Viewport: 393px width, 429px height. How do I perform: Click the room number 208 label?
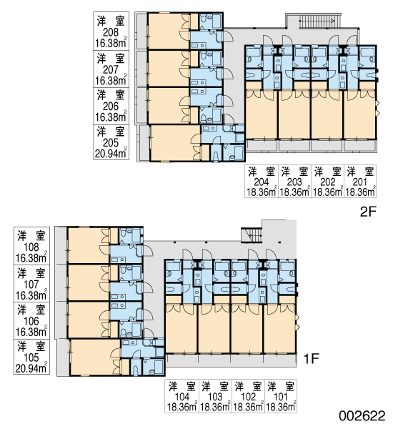tap(111, 33)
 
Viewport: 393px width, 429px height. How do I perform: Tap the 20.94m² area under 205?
tap(111, 153)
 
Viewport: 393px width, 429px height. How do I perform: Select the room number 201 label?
tap(360, 182)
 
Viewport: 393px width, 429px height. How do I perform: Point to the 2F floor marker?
tap(369, 212)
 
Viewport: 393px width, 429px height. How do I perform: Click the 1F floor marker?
tap(312, 358)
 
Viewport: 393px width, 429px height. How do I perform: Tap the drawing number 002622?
tap(362, 416)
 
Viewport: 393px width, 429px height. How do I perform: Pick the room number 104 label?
tap(182, 397)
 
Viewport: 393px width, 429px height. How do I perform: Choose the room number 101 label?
tap(281, 397)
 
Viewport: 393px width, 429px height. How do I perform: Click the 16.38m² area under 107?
tap(31, 295)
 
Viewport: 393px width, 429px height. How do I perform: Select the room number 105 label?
tap(31, 357)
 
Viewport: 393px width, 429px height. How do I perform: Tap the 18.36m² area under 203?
tap(295, 192)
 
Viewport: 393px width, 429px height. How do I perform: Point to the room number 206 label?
tap(111, 107)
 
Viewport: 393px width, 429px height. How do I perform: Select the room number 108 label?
tap(31, 247)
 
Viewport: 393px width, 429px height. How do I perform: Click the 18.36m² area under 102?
tap(249, 407)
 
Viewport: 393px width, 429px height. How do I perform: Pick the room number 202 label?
tap(328, 182)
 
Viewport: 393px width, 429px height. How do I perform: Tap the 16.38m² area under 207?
tap(111, 80)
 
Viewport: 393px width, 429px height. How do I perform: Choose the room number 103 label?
tap(215, 397)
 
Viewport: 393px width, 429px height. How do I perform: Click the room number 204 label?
tap(262, 182)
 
